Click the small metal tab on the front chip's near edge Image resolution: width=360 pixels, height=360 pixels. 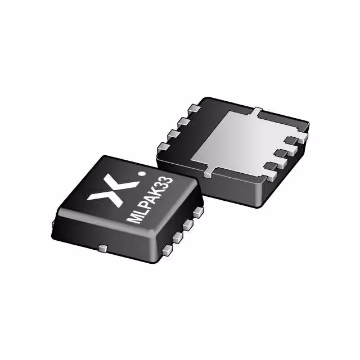point(102,247)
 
